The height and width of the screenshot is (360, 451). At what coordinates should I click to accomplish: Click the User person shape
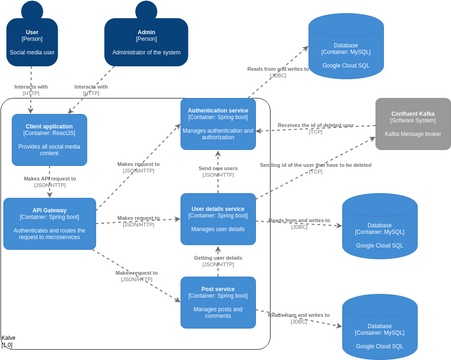(x=32, y=42)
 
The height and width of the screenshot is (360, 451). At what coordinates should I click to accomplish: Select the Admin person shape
(x=145, y=42)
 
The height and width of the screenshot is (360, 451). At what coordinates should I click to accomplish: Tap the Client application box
(x=49, y=140)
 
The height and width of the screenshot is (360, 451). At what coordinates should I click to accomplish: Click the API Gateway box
(x=49, y=224)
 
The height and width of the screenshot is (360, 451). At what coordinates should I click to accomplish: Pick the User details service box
(x=218, y=220)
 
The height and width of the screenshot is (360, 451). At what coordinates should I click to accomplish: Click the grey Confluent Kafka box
(x=413, y=124)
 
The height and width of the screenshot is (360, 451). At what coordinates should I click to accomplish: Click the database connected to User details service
(x=380, y=228)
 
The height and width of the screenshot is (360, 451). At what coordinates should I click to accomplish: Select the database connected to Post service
(x=380, y=328)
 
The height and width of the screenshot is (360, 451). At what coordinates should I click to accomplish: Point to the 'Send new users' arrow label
(x=218, y=172)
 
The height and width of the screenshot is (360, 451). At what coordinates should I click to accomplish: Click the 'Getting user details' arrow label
(x=218, y=262)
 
